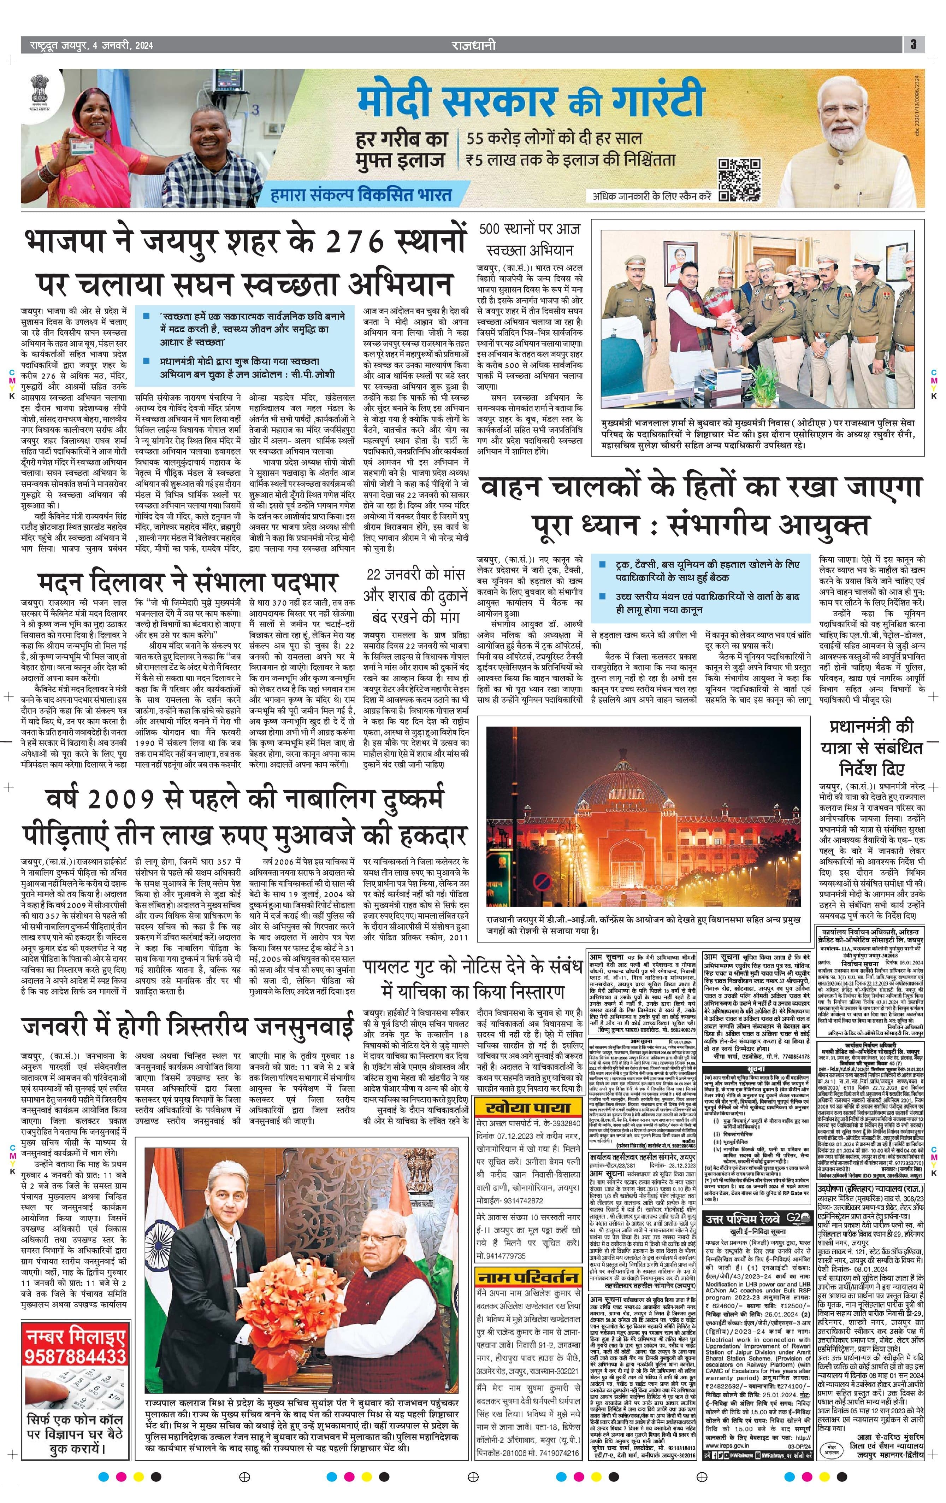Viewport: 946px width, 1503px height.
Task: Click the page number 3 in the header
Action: tap(913, 44)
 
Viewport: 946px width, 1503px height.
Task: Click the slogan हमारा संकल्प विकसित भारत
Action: tap(361, 195)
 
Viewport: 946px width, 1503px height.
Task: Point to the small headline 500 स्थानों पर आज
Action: tap(530, 229)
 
